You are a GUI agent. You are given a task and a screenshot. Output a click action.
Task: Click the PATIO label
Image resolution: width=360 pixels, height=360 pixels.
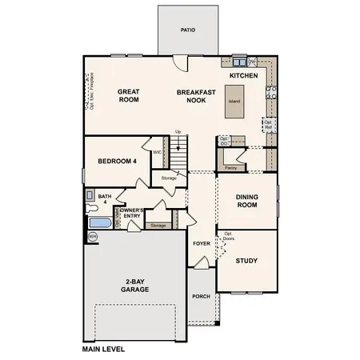[x=187, y=30]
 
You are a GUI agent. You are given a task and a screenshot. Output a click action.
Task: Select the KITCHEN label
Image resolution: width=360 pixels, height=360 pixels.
[x=243, y=74]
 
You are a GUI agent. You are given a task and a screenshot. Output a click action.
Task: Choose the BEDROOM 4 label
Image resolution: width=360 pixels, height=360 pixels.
[x=118, y=161]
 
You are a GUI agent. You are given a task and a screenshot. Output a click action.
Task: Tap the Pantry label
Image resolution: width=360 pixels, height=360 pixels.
[x=230, y=168]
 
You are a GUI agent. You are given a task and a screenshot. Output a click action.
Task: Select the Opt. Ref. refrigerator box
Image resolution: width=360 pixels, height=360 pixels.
[x=268, y=124]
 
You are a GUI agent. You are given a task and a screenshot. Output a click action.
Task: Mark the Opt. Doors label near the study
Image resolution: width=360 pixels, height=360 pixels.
[x=230, y=238]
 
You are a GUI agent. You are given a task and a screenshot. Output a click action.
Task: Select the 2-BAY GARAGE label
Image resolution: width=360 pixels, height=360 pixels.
[x=134, y=286]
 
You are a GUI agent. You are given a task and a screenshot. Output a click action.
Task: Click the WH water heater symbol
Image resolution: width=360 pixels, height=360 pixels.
[x=92, y=237]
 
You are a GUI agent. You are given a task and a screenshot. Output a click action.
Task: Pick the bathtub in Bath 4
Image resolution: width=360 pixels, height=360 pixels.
[x=100, y=222]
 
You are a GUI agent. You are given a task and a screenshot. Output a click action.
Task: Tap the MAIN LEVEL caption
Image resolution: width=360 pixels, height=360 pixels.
[x=107, y=350]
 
